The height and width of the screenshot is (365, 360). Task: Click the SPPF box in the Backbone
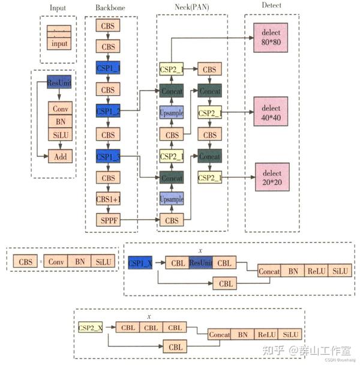tap(108, 220)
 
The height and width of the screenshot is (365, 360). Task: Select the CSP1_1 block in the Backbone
tap(108, 68)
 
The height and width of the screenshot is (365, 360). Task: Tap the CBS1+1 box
tap(108, 200)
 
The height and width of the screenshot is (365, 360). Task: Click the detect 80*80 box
tap(271, 38)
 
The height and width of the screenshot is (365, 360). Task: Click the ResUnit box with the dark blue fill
tap(59, 83)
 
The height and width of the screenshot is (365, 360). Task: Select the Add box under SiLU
tap(60, 156)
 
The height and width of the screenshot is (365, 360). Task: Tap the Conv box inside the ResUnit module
tap(60, 109)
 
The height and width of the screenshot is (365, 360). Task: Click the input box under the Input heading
tap(59, 44)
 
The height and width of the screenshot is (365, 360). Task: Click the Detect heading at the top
tap(272, 5)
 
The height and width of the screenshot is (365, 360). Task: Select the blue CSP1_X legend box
tap(140, 262)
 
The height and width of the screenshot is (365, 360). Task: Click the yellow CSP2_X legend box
tap(91, 327)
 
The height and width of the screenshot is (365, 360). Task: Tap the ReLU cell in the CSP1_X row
tap(316, 271)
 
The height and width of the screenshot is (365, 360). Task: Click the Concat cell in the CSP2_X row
tap(220, 334)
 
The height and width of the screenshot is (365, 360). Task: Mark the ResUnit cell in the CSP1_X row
tap(201, 262)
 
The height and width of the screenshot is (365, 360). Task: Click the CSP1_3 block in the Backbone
tap(108, 156)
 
